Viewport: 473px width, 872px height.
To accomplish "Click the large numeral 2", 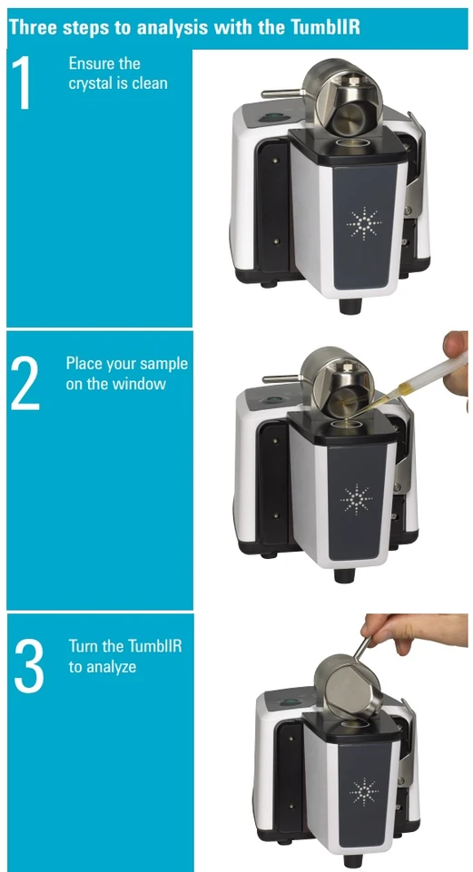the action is (25, 383).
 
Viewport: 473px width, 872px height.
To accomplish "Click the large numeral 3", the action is (29, 665).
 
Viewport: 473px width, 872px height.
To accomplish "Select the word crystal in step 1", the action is (91, 84).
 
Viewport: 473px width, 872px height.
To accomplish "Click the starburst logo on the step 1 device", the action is (364, 223).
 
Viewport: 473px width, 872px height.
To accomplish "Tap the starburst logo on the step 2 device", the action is (356, 499).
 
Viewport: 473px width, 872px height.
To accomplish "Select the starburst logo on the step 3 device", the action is (363, 792).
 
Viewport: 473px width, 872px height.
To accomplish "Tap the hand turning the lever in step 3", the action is (415, 632).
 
